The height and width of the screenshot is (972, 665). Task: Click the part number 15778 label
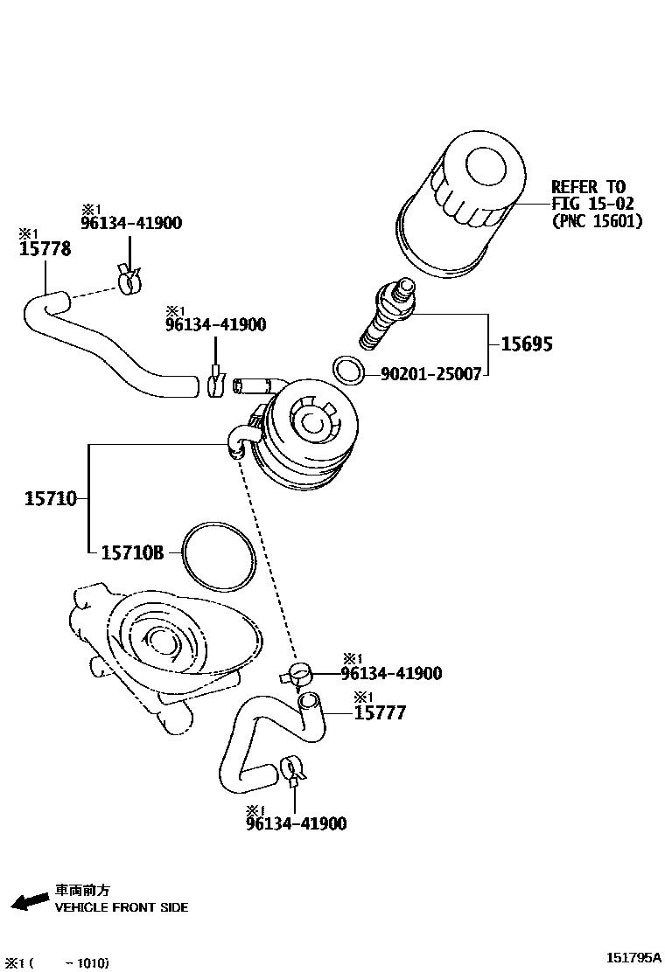pyautogui.click(x=45, y=249)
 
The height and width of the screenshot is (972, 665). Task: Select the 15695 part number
pyautogui.click(x=526, y=344)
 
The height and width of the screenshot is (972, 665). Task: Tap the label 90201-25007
pyautogui.click(x=430, y=374)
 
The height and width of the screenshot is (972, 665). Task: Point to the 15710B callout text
pyautogui.click(x=132, y=552)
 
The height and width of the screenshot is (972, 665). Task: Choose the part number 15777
pyautogui.click(x=380, y=713)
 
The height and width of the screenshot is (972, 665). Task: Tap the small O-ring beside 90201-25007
pyautogui.click(x=349, y=370)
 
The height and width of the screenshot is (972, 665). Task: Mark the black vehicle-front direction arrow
pyautogui.click(x=30, y=901)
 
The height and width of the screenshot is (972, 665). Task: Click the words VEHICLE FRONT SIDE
pyautogui.click(x=122, y=907)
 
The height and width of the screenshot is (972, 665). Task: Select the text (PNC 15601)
pyautogui.click(x=597, y=221)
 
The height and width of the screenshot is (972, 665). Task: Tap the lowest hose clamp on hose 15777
pyautogui.click(x=293, y=769)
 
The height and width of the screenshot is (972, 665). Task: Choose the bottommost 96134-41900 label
pyautogui.click(x=296, y=823)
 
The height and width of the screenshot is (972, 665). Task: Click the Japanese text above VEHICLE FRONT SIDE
pyautogui.click(x=83, y=890)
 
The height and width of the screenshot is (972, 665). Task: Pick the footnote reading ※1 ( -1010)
pyautogui.click(x=56, y=963)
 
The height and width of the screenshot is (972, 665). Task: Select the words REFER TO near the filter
pyautogui.click(x=588, y=186)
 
